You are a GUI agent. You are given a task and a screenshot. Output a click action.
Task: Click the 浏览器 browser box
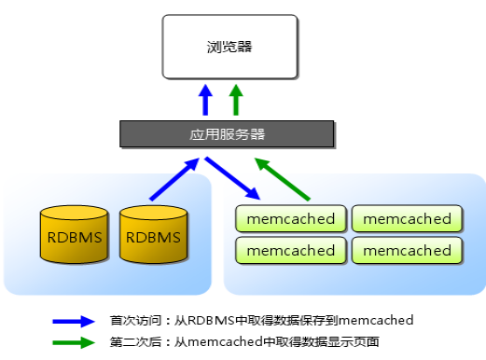[229, 46]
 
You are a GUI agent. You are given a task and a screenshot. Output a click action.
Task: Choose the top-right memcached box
[407, 219]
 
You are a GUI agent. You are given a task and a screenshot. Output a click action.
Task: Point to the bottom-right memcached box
[407, 250]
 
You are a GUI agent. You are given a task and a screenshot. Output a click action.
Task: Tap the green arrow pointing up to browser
[236, 100]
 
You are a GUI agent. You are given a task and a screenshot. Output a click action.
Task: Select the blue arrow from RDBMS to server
[174, 180]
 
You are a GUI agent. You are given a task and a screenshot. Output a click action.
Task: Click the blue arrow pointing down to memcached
[233, 178]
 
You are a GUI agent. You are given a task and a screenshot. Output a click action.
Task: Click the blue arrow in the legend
[75, 320]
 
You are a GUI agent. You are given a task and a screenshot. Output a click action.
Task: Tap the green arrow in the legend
[75, 342]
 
